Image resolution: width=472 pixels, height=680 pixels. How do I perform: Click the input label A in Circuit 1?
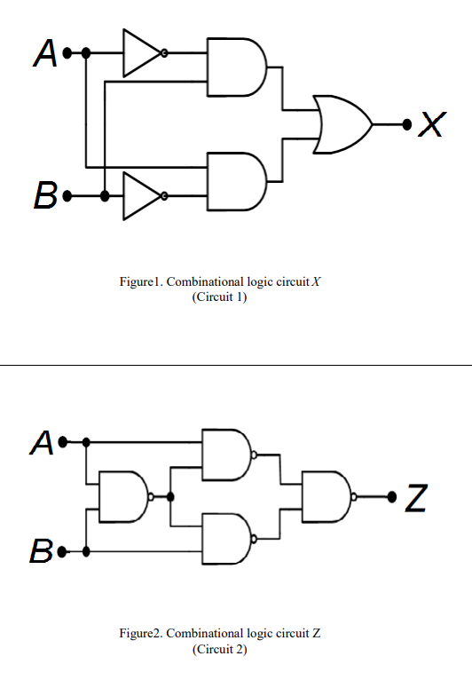(45, 54)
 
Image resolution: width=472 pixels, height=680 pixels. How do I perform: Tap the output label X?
(430, 125)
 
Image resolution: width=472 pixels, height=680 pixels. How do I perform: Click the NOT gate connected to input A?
(140, 53)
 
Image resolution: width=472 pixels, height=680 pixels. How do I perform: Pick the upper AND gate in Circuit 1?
(234, 67)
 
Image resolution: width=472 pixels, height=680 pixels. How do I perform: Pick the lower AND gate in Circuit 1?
(234, 181)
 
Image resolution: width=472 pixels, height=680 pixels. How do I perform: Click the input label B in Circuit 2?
(43, 551)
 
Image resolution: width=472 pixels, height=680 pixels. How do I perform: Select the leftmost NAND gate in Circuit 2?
(123, 497)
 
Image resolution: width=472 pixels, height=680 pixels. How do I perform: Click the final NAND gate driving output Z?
(327, 496)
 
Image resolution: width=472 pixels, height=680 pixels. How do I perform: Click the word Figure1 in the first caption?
(142, 281)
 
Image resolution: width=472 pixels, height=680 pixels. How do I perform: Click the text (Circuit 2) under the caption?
(219, 649)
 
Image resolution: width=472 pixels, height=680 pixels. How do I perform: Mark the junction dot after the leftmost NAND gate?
(169, 497)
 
